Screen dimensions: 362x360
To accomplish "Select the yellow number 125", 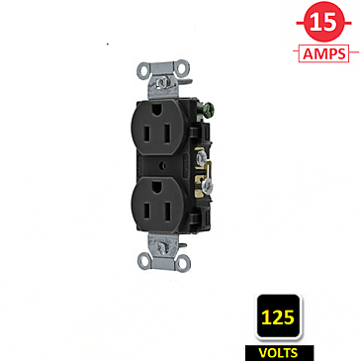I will tap(277, 318).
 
